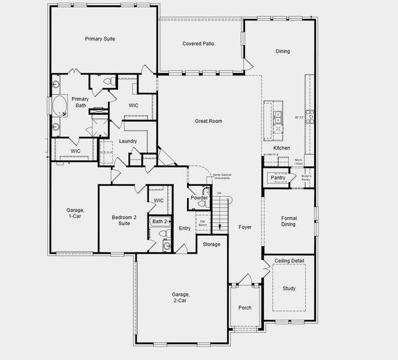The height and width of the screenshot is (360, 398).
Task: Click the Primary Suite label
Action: point(100,39)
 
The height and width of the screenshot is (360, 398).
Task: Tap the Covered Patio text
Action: point(198,44)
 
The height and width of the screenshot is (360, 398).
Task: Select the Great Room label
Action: point(208,121)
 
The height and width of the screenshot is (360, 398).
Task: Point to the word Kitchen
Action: point(282,148)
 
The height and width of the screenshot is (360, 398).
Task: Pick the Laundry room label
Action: point(128,142)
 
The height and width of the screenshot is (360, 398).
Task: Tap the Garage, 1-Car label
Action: point(75,213)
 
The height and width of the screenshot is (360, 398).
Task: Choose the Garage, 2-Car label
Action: point(180,298)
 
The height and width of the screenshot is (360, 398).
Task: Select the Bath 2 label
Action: point(160,221)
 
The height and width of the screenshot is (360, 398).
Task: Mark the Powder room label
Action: point(199,198)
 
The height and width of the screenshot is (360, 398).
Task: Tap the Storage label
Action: point(211,244)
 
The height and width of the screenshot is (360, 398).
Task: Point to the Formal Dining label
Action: point(289,221)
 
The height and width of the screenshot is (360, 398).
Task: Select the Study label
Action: point(289,289)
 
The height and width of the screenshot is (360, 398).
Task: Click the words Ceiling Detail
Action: point(289,261)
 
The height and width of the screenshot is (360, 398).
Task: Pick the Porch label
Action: point(245,308)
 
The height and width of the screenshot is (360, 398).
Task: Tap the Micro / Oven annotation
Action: point(298,162)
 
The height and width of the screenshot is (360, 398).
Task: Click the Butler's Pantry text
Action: point(306,178)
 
